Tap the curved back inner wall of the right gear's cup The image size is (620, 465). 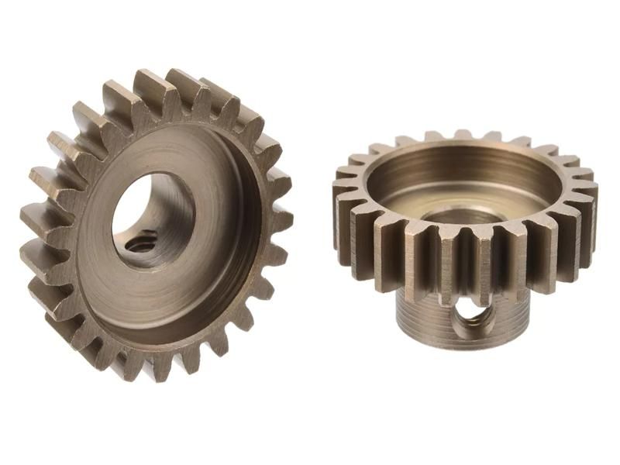pos(465,163)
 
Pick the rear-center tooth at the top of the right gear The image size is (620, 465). pos(463,136)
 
